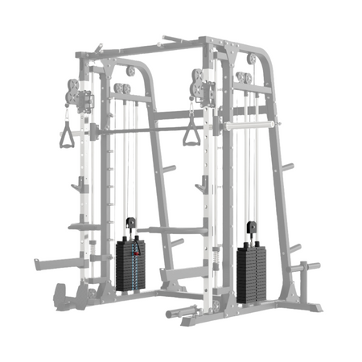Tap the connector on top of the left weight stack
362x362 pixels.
[130, 221]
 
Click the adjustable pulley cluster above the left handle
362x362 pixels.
[69, 90]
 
